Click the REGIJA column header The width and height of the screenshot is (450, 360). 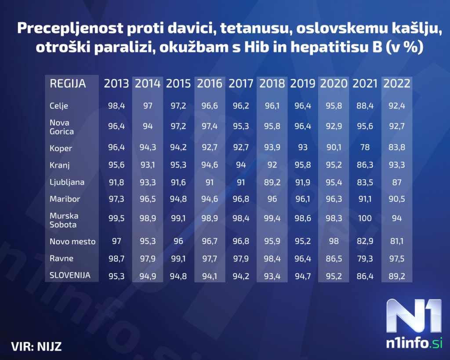(x=68, y=84)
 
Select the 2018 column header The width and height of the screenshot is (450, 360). (x=272, y=84)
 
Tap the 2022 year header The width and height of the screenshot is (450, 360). (x=396, y=84)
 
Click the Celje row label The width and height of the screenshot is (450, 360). (x=59, y=106)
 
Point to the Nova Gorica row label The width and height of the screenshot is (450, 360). (x=62, y=127)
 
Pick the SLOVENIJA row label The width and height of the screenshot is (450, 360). (x=70, y=276)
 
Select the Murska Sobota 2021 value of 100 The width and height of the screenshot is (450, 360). (x=365, y=218)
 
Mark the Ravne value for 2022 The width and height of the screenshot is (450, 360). (x=396, y=258)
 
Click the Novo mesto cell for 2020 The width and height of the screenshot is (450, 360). (x=334, y=241)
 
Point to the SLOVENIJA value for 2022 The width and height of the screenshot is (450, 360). (x=396, y=276)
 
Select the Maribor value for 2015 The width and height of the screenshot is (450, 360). (x=178, y=199)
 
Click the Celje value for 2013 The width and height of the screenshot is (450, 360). (x=116, y=106)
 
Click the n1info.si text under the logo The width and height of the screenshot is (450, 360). (x=414, y=343)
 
